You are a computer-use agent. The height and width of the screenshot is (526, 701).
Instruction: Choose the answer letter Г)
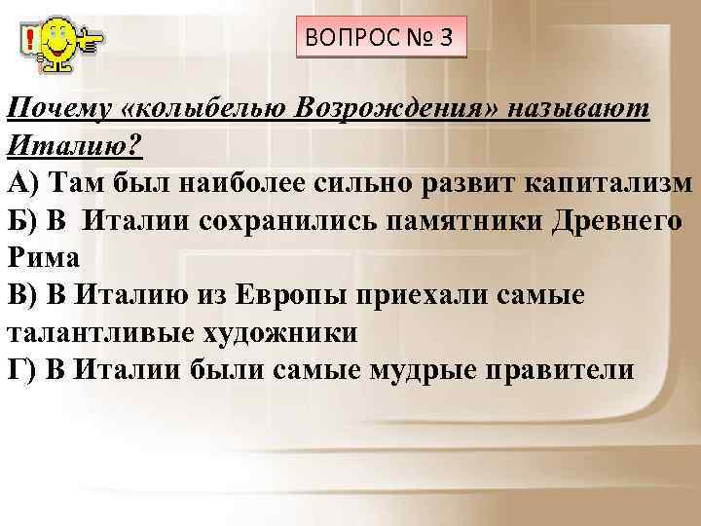21,371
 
